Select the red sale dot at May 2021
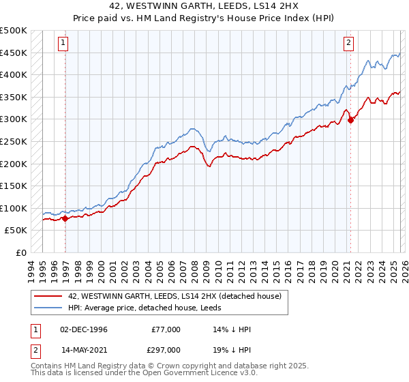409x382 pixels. (x=351, y=121)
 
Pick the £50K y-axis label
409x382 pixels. (x=16, y=231)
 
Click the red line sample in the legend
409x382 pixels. (x=48, y=295)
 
